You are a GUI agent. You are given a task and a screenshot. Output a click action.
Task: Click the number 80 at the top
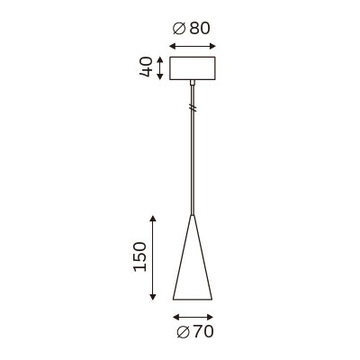(199, 28)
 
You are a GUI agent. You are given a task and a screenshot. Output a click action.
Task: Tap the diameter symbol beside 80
(180, 29)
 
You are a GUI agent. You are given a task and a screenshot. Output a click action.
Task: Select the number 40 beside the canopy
(147, 67)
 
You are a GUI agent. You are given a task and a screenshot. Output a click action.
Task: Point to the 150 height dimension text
(140, 256)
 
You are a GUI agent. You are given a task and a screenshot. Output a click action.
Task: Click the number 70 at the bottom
(202, 331)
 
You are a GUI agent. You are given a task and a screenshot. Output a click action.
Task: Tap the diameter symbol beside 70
(184, 332)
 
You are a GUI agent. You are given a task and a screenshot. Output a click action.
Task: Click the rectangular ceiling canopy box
(193, 68)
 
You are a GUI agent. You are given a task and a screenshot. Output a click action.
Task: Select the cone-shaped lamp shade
(193, 257)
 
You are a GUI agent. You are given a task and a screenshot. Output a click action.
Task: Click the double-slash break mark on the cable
(193, 107)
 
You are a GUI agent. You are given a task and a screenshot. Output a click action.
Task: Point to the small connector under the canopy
(193, 83)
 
